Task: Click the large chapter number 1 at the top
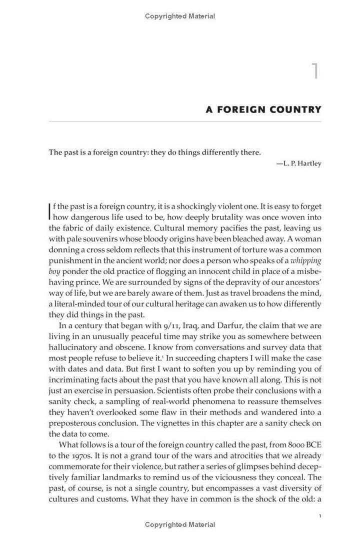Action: (x=315, y=71)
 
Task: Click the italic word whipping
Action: (x=306, y=260)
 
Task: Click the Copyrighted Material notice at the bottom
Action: (x=180, y=524)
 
